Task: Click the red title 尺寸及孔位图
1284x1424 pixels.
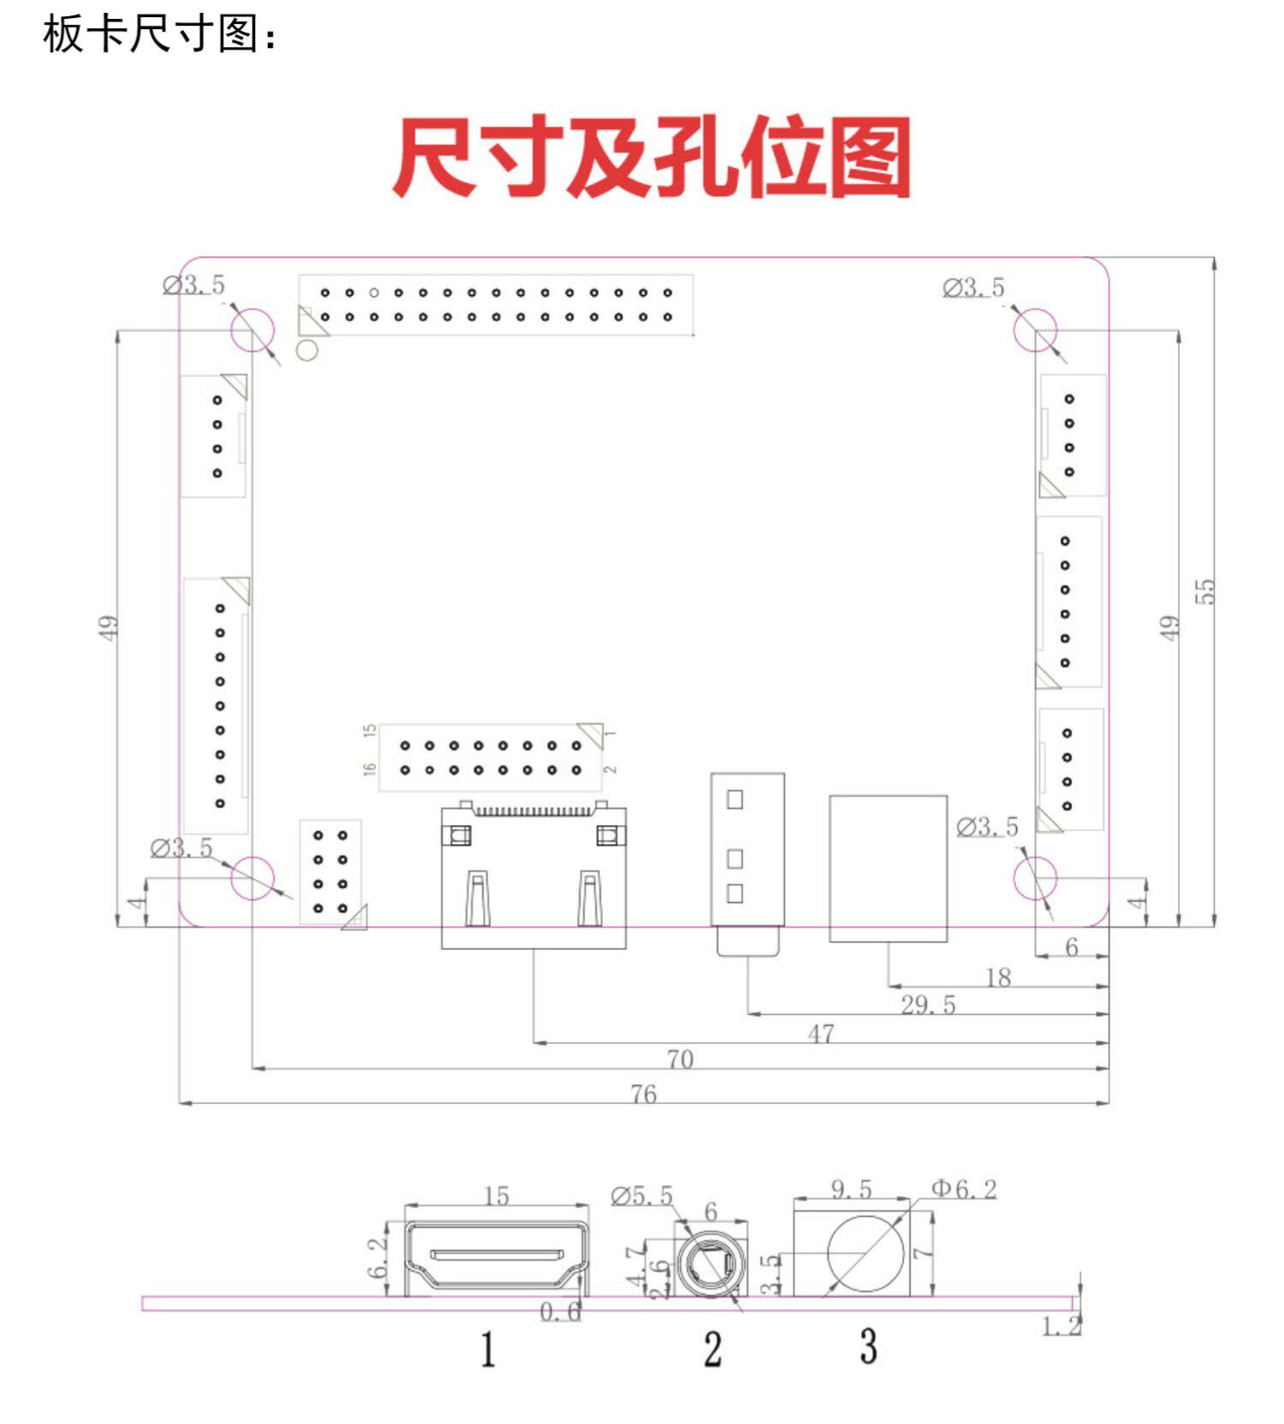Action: click(651, 159)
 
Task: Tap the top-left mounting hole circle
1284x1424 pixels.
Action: click(253, 329)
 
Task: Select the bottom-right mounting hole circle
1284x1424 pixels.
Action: click(1035, 878)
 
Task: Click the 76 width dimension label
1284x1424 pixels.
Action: click(644, 1095)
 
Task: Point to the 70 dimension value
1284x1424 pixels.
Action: click(680, 1059)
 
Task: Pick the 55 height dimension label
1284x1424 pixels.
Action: click(1204, 591)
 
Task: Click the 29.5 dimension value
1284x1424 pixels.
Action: click(928, 1005)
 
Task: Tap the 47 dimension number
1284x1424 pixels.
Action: click(821, 1034)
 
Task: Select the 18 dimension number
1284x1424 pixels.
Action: click(998, 977)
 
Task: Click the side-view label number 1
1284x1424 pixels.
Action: click(488, 1350)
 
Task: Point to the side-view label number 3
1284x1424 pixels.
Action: click(869, 1346)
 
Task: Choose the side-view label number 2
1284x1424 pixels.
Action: click(713, 1350)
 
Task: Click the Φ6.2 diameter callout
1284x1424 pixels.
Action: click(964, 1190)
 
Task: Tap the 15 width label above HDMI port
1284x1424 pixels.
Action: click(496, 1196)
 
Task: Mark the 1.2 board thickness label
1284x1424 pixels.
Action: click(1061, 1326)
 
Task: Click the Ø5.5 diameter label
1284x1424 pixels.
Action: click(642, 1196)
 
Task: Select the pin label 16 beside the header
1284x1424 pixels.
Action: click(370, 768)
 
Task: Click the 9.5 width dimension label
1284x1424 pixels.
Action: click(851, 1190)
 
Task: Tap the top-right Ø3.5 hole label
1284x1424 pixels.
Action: click(973, 288)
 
